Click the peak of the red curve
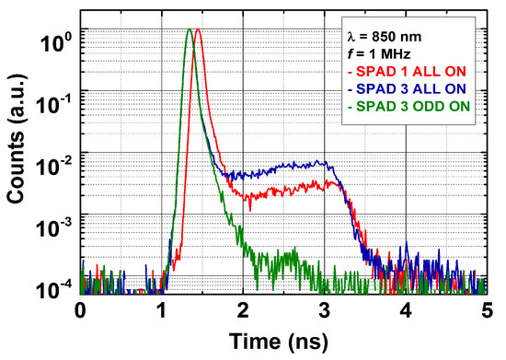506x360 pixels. (198, 29)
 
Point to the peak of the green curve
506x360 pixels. (190, 29)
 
